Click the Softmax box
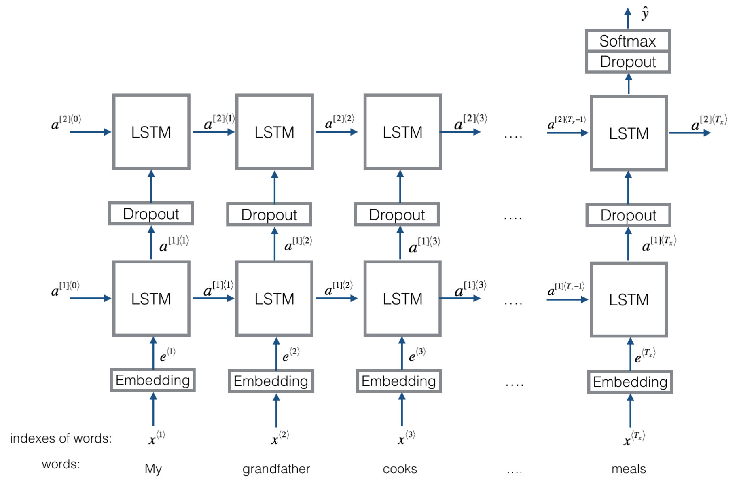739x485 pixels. point(627,41)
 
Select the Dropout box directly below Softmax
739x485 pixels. point(627,62)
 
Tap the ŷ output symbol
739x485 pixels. point(645,13)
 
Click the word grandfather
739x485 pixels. point(276,469)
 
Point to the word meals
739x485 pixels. point(629,469)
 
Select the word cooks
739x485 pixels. point(400,469)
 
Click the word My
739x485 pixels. point(153,469)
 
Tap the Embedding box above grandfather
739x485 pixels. point(271,381)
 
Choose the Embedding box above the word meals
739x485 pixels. point(630,381)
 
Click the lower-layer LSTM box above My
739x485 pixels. point(151,299)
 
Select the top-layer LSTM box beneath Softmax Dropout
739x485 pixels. point(629,133)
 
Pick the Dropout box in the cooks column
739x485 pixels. point(397,214)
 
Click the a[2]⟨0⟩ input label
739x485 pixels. point(66,122)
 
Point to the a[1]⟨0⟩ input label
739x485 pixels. point(65,289)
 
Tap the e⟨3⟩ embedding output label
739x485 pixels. point(417,355)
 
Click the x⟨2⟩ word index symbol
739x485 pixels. point(280,438)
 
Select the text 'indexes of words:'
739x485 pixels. point(61,438)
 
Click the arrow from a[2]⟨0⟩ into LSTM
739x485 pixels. point(90,132)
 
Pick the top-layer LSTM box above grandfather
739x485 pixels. point(274,132)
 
